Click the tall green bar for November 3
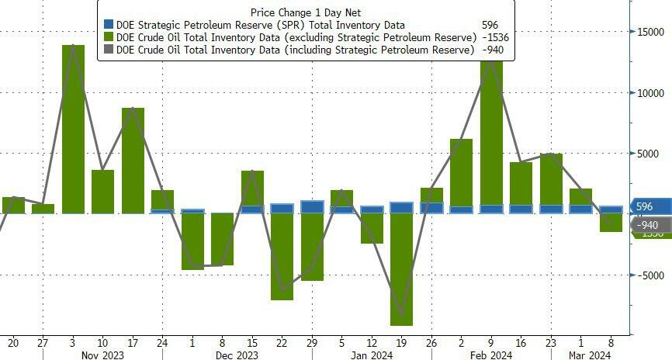coord(73,129)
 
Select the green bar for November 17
coord(133,160)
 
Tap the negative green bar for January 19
coord(401,268)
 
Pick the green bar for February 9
coord(491,132)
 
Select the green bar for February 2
coord(461,172)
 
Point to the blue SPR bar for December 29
coord(312,207)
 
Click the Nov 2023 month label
coord(103,355)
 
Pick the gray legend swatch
coord(108,50)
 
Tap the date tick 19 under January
coord(401,341)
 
